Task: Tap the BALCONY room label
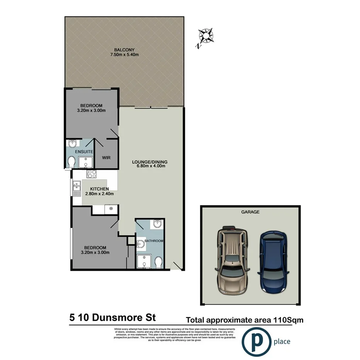(124, 49)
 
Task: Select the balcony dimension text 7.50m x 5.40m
(124, 55)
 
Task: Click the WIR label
(107, 158)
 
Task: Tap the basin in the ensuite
(72, 144)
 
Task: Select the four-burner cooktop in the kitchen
(92, 174)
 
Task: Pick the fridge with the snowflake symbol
(111, 209)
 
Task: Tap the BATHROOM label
(154, 241)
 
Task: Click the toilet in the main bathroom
(158, 262)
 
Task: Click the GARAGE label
(250, 212)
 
